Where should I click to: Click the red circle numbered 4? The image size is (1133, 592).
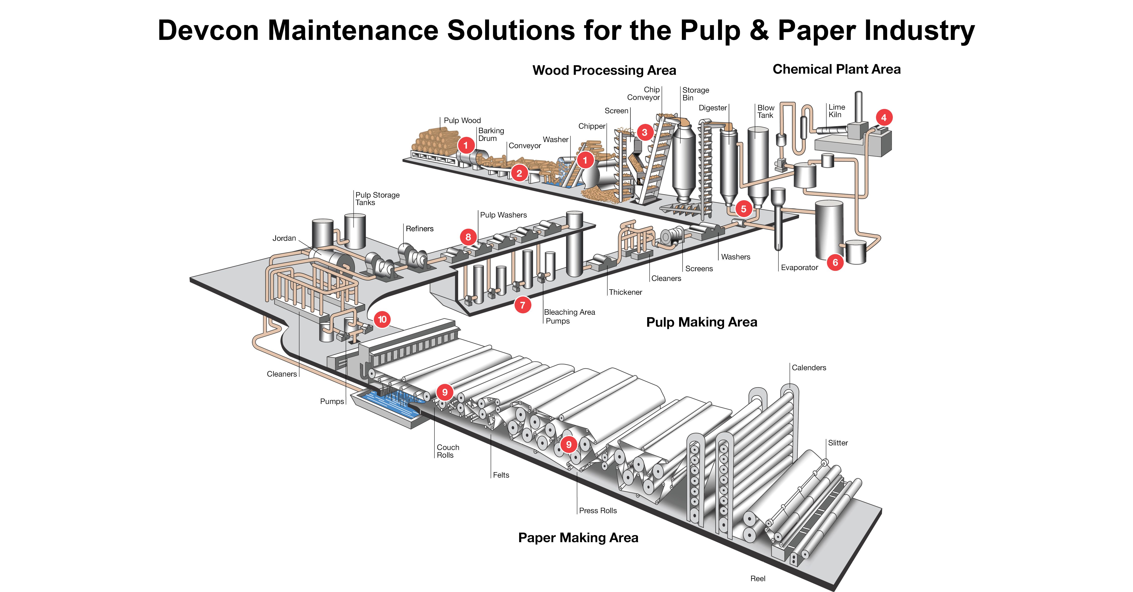click(884, 117)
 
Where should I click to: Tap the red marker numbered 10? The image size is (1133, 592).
click(382, 319)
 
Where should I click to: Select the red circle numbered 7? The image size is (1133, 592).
click(523, 305)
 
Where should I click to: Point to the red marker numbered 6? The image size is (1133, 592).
click(835, 263)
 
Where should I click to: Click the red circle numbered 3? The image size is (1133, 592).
click(644, 132)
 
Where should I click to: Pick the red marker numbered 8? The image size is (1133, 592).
click(468, 237)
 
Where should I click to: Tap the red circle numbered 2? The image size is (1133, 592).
click(519, 173)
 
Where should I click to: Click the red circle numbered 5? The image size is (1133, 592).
click(743, 209)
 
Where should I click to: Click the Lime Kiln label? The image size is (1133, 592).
click(837, 111)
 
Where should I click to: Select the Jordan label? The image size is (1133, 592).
click(284, 238)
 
